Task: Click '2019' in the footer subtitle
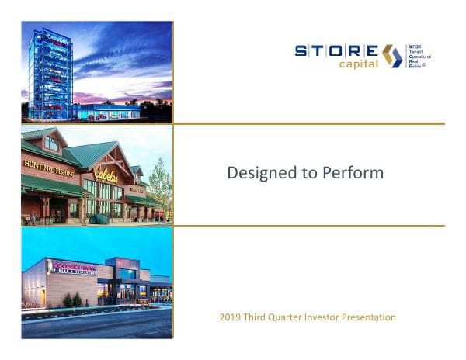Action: pos(232,317)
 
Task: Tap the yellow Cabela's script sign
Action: pos(107,174)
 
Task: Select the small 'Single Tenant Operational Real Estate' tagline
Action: pos(419,56)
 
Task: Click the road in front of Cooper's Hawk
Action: pos(93,324)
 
